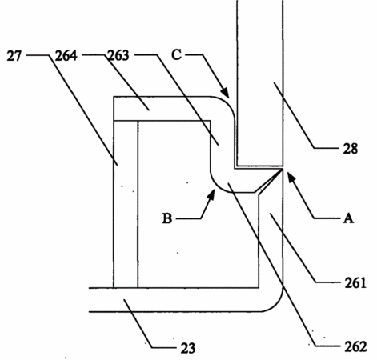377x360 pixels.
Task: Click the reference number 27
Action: point(14,56)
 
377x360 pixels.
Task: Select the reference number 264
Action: point(66,56)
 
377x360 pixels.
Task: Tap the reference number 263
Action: point(118,56)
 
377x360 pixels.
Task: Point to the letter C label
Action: point(177,55)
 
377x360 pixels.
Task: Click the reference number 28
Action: point(351,149)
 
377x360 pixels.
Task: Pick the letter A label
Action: point(348,218)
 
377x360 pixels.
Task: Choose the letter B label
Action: point(167,218)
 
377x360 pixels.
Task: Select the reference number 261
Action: point(355,283)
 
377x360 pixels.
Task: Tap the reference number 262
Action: point(356,346)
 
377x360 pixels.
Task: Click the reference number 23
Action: point(188,348)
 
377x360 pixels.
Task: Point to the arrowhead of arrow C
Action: point(225,93)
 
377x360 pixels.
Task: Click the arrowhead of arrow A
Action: point(291,178)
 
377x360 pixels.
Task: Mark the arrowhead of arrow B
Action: point(211,194)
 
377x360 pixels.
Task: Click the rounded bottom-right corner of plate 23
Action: point(277,306)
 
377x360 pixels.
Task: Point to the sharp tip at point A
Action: point(283,169)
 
